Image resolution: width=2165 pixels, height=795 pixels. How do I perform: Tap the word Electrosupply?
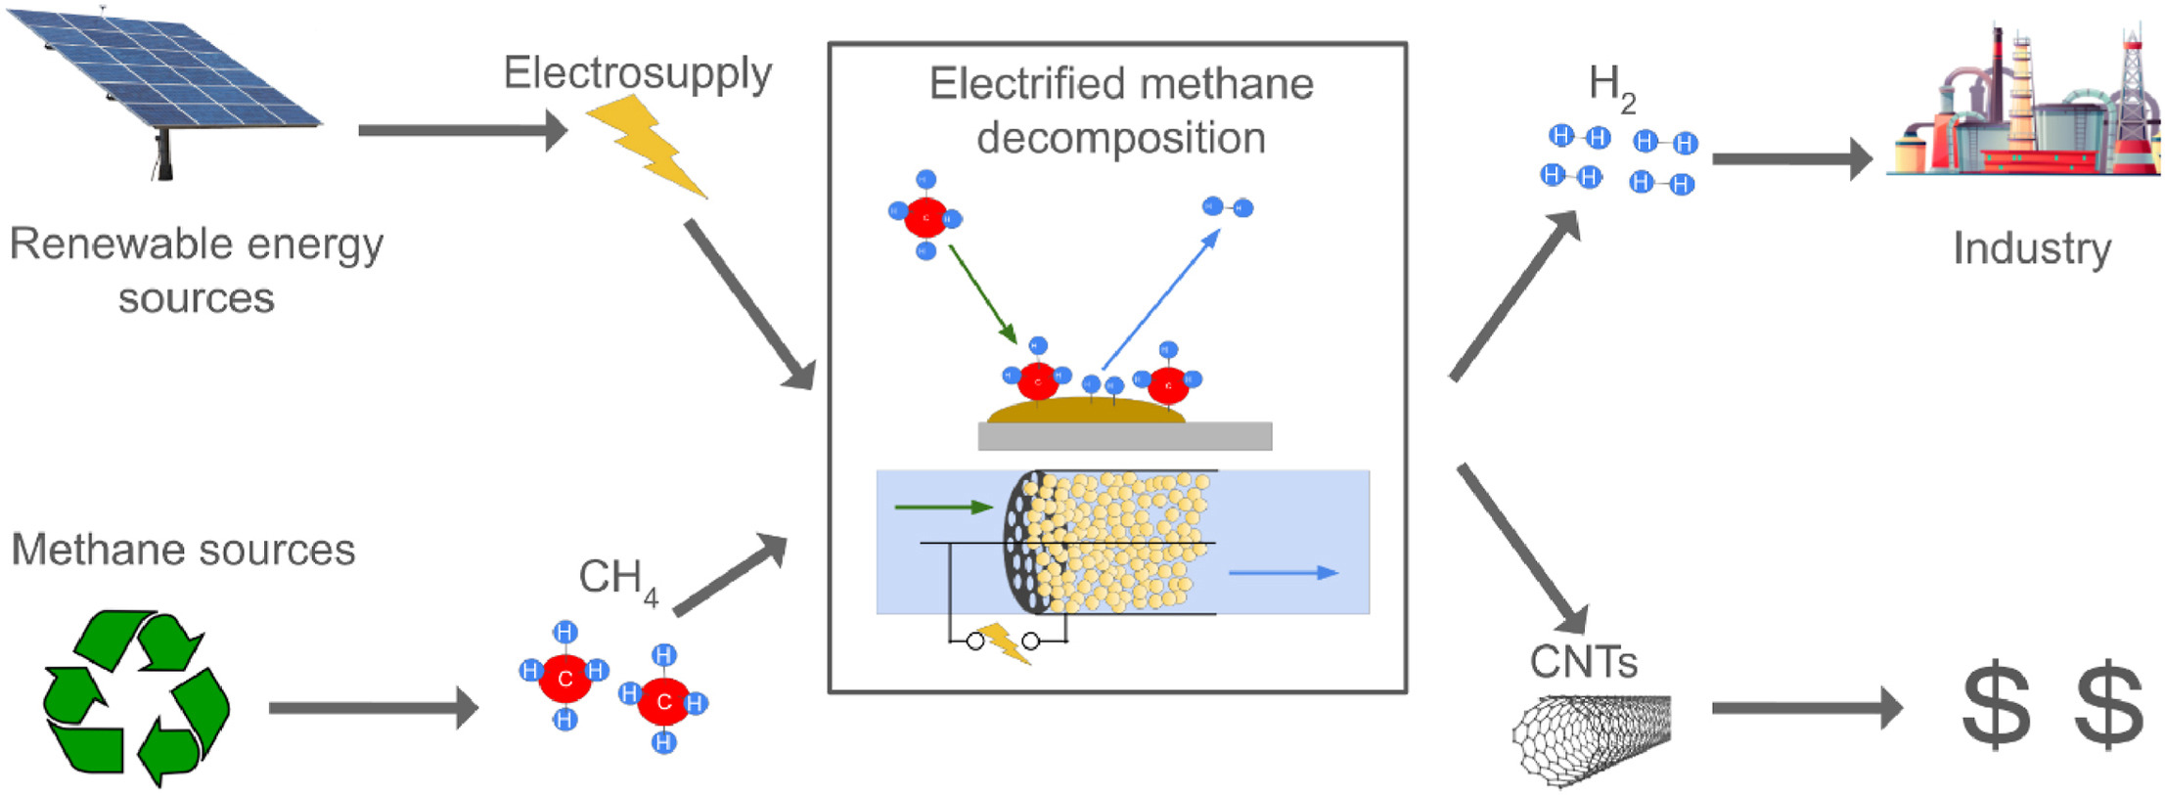(637, 73)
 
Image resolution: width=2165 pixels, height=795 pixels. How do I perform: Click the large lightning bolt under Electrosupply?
(646, 145)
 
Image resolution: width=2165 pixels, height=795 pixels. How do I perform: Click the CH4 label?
(617, 579)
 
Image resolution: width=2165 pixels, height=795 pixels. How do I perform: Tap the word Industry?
(2031, 248)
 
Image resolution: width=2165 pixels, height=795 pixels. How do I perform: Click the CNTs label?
(1583, 663)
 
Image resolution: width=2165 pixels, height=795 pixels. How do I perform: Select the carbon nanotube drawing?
(1590, 735)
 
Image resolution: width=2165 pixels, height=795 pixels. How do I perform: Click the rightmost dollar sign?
(2108, 705)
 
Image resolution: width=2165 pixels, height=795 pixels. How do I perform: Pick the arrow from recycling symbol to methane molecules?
(373, 707)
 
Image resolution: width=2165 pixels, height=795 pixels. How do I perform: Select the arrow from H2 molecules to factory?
(1790, 158)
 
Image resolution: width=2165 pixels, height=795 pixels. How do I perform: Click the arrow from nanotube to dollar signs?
(1805, 707)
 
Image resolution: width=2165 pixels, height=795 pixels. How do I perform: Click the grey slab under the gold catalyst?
(1124, 436)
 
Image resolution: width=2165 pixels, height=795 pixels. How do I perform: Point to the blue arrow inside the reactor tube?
(1283, 573)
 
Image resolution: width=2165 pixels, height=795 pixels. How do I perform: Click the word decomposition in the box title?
(1120, 138)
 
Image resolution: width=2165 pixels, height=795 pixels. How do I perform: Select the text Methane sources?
(183, 550)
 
